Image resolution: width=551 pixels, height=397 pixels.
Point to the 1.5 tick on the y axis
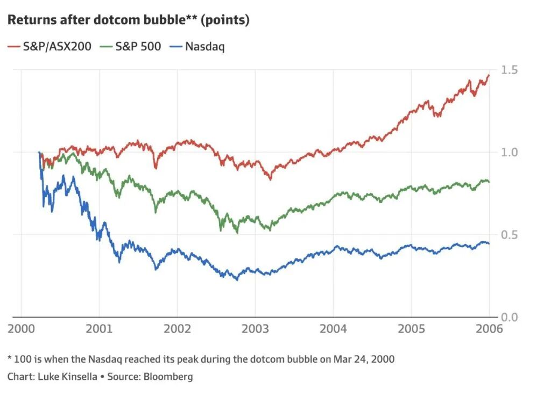(510, 70)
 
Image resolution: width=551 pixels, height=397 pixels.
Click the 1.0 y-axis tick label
(510, 153)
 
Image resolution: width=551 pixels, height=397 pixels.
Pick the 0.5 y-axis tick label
(510, 235)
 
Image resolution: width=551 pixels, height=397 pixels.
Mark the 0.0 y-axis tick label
(510, 317)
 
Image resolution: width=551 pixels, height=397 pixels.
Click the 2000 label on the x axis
(22, 328)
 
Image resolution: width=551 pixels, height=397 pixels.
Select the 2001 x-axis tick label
(99, 328)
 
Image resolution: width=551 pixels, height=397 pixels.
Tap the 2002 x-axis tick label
(177, 328)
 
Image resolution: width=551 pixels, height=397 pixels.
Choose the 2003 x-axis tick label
(255, 328)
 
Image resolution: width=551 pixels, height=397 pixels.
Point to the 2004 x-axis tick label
(333, 328)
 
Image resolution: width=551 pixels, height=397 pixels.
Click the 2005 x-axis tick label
(411, 328)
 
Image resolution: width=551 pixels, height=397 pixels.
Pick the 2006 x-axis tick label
(489, 328)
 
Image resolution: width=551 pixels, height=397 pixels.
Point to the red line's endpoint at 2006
(489, 75)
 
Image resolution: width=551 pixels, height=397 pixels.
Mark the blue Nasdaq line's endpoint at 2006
(489, 243)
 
